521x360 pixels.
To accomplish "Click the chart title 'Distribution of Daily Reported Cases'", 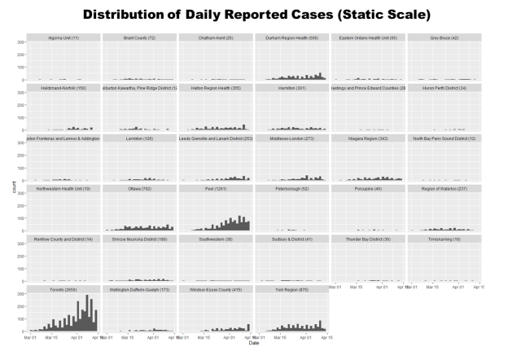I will pos(260,15).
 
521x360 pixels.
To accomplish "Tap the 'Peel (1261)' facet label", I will pos(214,188).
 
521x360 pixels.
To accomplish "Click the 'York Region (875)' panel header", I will pos(290,289).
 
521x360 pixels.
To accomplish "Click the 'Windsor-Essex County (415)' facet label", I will pos(214,289).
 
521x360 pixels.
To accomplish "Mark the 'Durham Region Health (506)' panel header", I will pos(290,37).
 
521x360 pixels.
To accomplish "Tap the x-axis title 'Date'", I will pos(252,343).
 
